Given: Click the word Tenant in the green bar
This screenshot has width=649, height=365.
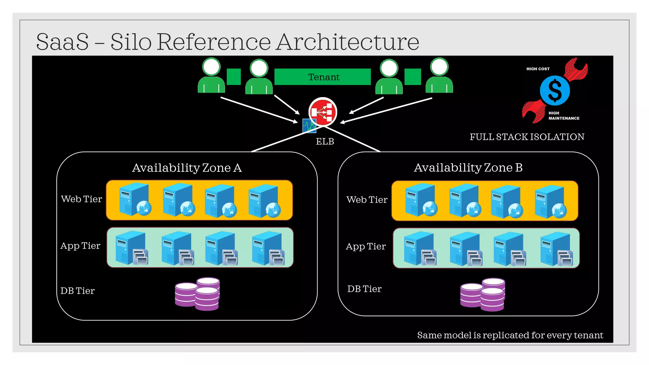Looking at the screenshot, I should (x=324, y=77).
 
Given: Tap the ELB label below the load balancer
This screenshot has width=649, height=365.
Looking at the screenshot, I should (x=325, y=141).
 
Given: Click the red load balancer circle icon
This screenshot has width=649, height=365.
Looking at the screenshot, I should (x=323, y=112).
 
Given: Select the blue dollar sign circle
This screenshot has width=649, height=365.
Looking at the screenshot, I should (x=555, y=90).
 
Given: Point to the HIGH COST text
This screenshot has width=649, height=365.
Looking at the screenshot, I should (x=538, y=69).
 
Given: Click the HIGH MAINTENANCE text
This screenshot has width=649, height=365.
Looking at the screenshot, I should (x=563, y=116).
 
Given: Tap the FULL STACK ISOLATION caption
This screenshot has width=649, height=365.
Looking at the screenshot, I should (x=527, y=137).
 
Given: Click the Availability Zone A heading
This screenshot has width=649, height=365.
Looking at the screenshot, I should (x=187, y=168).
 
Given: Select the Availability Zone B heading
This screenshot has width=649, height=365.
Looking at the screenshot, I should (x=468, y=167).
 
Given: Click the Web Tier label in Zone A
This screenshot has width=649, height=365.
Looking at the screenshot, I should (x=81, y=199).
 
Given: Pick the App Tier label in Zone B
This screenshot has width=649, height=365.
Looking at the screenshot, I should (x=366, y=246).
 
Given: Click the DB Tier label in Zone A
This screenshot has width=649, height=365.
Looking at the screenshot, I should (x=77, y=291).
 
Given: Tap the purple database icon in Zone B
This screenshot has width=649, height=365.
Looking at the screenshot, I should (x=482, y=294).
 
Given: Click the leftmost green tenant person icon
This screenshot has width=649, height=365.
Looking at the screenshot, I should (x=211, y=76).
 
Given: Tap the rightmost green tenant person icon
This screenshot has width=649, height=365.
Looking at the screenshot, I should (x=439, y=76).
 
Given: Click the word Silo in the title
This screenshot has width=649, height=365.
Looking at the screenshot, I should (x=131, y=42).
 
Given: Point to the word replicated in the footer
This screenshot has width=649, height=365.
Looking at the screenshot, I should (x=506, y=335).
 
